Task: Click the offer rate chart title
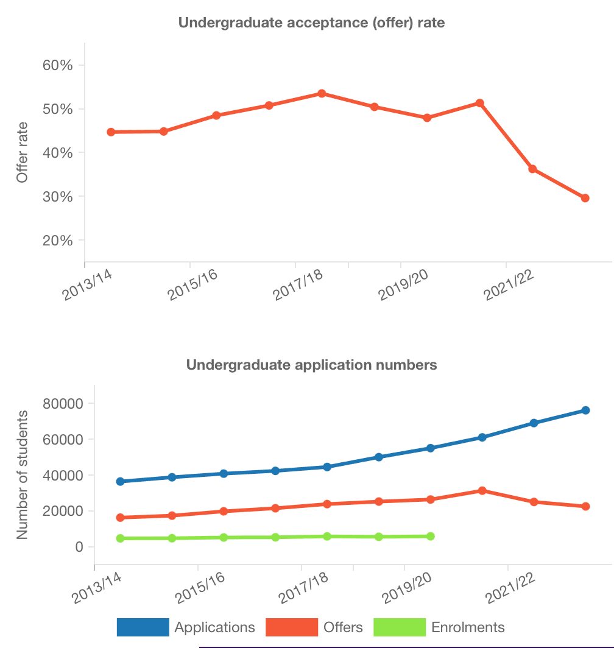[311, 23]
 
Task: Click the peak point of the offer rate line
[322, 93]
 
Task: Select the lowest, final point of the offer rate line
[585, 198]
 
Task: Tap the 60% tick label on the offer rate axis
[58, 65]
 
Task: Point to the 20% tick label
[58, 241]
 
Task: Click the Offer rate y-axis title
[23, 152]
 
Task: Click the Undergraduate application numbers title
[311, 365]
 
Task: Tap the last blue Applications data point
[585, 410]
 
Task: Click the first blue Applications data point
[120, 481]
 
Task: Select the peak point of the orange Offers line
[482, 490]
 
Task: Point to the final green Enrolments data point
[431, 536]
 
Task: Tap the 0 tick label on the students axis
[79, 547]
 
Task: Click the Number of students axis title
[23, 475]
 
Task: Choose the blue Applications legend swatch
[143, 627]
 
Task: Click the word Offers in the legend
[343, 627]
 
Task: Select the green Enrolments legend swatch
[399, 627]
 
